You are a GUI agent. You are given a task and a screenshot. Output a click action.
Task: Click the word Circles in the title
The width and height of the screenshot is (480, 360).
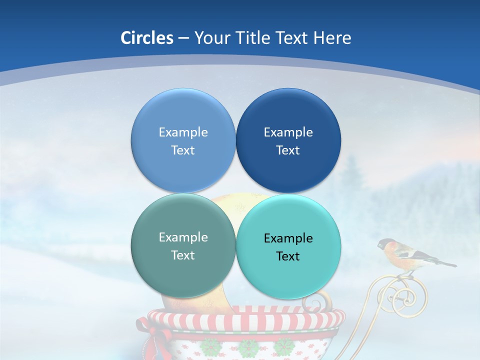[x=147, y=38]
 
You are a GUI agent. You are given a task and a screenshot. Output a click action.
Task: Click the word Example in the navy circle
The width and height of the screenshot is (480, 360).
[x=288, y=132]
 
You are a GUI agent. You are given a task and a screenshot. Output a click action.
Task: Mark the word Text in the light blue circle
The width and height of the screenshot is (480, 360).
[x=183, y=150]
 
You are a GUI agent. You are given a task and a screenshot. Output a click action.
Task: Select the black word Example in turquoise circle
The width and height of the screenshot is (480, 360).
[x=288, y=238]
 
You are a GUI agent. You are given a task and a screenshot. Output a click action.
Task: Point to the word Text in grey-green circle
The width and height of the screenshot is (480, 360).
[x=183, y=255]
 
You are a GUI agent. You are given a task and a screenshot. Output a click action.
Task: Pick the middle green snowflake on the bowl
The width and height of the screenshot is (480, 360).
[x=247, y=347]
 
